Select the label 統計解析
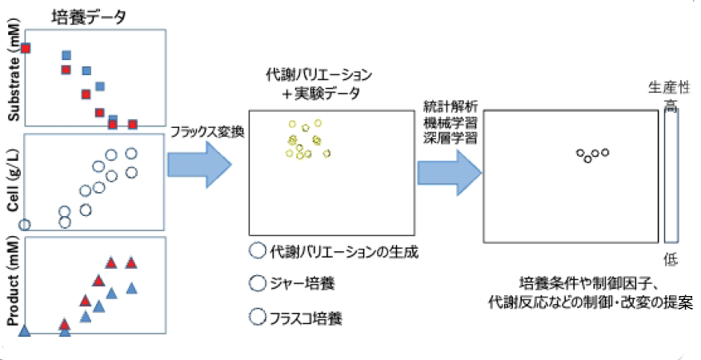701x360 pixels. click(451, 107)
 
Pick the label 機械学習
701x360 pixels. click(451, 122)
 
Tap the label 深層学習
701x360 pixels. click(451, 137)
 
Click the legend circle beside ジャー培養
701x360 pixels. click(258, 283)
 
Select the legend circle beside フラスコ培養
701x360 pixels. click(258, 316)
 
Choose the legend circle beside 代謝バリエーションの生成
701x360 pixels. click(258, 250)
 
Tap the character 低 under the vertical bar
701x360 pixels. click(671, 258)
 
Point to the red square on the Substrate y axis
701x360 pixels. click(26, 48)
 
